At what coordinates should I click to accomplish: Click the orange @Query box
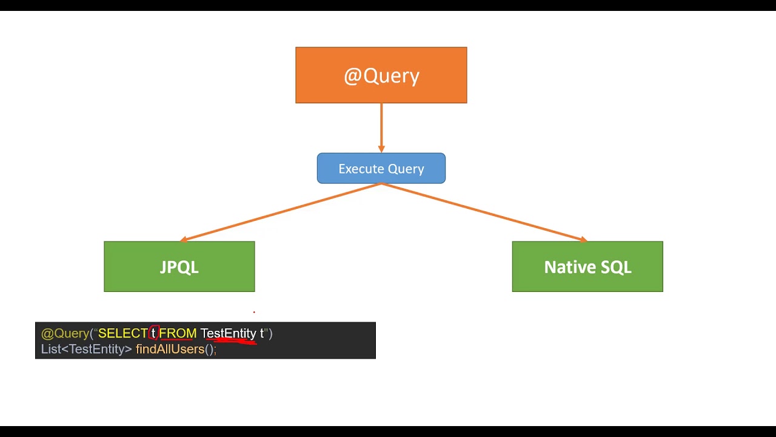point(381,75)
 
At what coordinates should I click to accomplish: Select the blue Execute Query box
point(381,168)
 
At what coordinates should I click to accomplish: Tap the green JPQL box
point(179,266)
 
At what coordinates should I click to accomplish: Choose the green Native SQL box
point(587,266)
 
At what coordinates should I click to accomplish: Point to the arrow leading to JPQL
point(279,212)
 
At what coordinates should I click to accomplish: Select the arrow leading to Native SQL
point(485,212)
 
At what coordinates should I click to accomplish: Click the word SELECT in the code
point(122,333)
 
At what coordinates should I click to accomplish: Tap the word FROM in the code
point(178,333)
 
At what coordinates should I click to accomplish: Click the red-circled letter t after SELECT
point(154,333)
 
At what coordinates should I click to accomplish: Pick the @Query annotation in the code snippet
point(65,333)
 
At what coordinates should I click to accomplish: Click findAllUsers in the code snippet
point(170,349)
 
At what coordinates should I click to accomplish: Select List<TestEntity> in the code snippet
point(86,349)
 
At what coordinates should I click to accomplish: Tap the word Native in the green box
point(567,267)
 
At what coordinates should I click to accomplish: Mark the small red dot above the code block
point(254,312)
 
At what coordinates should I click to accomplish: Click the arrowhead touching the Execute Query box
point(381,149)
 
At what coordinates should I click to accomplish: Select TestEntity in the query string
point(228,333)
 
